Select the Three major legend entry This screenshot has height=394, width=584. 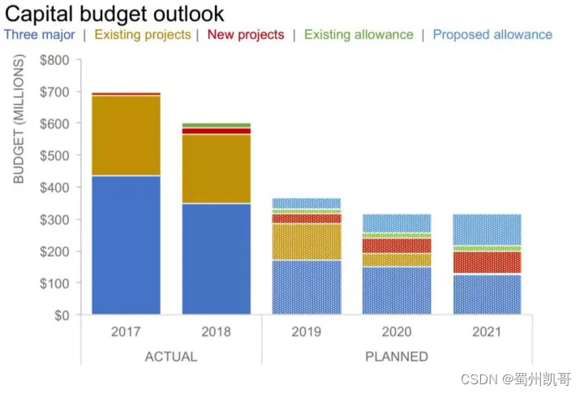40,35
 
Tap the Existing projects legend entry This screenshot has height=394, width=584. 143,35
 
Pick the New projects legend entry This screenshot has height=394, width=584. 246,35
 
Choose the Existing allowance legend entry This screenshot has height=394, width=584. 359,35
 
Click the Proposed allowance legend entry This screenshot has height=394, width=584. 492,35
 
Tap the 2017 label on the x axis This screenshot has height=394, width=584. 126,331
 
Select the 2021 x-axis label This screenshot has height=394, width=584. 487,331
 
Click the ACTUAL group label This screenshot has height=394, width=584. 170,357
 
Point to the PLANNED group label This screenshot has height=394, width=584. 397,357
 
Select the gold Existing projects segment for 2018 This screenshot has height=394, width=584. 216,168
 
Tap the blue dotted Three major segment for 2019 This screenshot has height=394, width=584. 307,287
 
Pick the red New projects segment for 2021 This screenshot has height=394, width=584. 487,262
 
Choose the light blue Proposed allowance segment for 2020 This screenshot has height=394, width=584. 397,223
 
